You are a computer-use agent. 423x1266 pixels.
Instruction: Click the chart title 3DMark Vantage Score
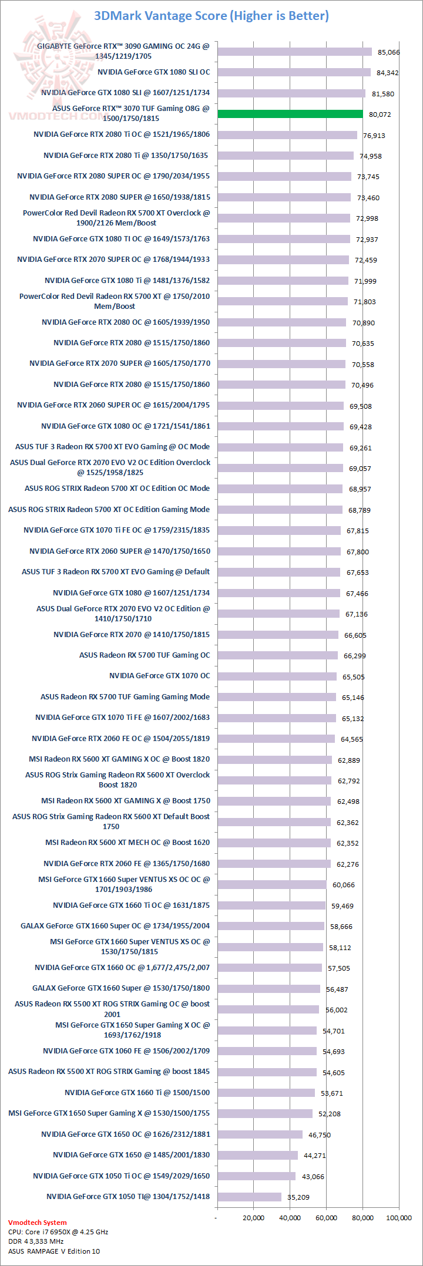[x=211, y=16]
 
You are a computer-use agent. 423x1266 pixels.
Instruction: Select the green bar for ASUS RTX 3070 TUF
[x=290, y=114]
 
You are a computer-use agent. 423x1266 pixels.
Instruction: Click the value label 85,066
[x=388, y=52]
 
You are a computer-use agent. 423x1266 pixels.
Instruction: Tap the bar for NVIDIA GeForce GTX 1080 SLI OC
[x=294, y=72]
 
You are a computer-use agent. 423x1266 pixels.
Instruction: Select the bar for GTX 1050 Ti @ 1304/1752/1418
[x=250, y=1197]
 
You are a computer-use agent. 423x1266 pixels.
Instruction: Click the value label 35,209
[x=298, y=1197]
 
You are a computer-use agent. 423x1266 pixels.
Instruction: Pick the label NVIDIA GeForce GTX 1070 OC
[x=159, y=676]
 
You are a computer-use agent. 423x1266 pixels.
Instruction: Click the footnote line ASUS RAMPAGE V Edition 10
[x=54, y=1251]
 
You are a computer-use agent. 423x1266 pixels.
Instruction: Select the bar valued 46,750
[x=260, y=1134]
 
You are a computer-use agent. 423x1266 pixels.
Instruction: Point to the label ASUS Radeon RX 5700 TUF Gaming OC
[x=145, y=655]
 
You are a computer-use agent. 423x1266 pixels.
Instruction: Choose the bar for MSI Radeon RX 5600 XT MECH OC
[x=274, y=843]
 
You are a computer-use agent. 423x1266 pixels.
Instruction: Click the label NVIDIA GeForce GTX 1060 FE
[x=126, y=1050]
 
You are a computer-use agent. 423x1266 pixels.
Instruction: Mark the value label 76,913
[x=374, y=136]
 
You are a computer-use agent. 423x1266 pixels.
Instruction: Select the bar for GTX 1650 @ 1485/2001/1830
[x=257, y=1155]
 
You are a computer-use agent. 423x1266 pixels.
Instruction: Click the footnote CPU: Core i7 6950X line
[x=58, y=1232]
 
